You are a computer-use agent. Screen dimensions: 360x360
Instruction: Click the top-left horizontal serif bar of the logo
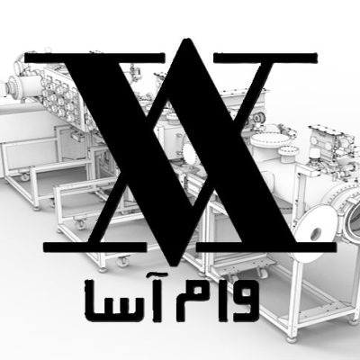pos(94,58)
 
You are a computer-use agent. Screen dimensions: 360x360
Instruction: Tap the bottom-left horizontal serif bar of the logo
pos(95,247)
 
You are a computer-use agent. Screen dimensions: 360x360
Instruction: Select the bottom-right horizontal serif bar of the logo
pos(266,247)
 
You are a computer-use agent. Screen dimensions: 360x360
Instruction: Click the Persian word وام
pos(217,301)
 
